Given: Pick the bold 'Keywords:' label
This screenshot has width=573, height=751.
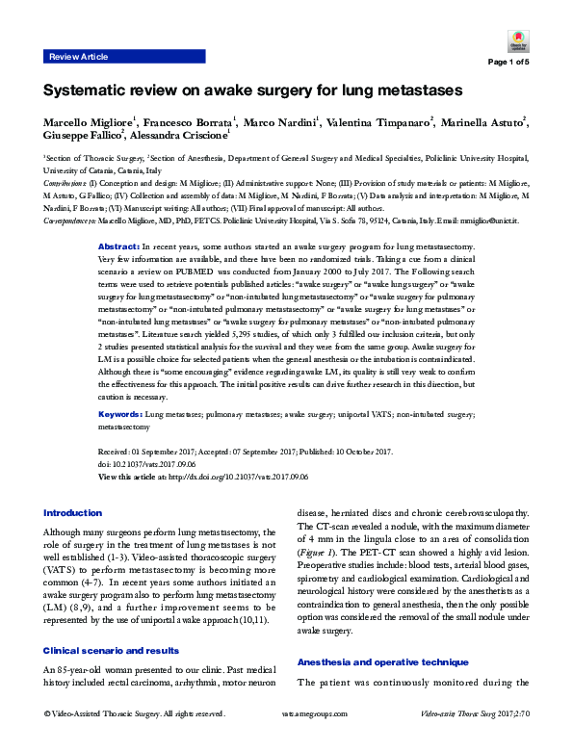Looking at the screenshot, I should [123, 412].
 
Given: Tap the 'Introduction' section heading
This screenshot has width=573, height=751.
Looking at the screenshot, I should [73, 512].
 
